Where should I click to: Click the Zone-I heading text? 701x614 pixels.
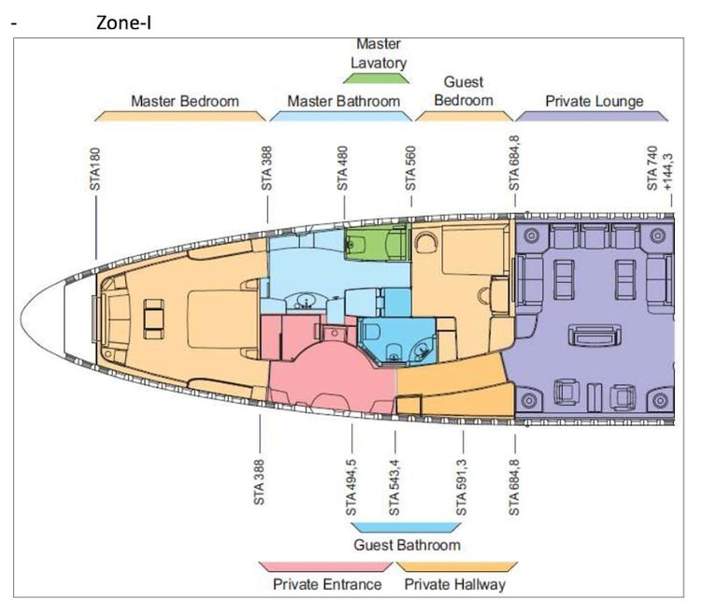point(123,22)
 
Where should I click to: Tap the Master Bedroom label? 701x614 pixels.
point(185,101)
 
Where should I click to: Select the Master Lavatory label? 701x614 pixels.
point(379,53)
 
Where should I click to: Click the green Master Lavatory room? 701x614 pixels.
point(378,241)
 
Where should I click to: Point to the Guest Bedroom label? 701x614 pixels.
point(464,92)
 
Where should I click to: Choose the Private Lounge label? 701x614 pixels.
point(594,101)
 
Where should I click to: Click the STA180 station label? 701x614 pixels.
point(95,169)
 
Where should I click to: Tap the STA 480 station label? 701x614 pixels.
point(342,168)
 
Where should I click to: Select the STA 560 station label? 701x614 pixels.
point(410,168)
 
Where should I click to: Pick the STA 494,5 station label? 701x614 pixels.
point(350,488)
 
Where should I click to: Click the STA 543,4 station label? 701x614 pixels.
point(393,488)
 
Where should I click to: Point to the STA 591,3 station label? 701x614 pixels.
point(461,488)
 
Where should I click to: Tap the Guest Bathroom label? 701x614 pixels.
point(407,545)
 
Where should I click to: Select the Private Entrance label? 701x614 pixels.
point(327,584)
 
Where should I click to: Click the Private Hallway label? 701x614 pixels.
point(454,584)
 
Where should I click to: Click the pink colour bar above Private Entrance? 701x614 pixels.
point(325,566)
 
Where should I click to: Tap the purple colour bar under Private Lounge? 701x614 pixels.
point(592,116)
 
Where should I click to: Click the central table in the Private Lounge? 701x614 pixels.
point(594,336)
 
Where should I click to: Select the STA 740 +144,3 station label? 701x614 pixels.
point(659,168)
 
